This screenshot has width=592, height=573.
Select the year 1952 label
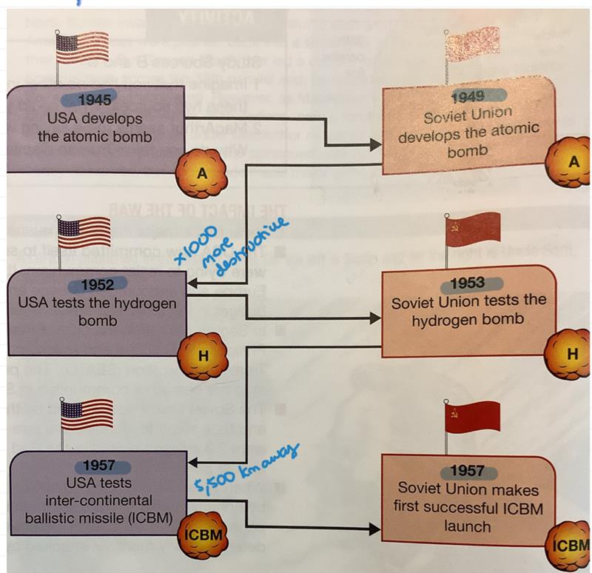[96, 285]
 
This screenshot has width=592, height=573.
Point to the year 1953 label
[466, 283]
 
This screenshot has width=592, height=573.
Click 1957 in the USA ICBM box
[98, 466]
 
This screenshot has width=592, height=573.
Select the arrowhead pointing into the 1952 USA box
[191, 284]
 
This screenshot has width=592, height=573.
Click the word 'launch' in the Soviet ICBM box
[468, 526]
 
